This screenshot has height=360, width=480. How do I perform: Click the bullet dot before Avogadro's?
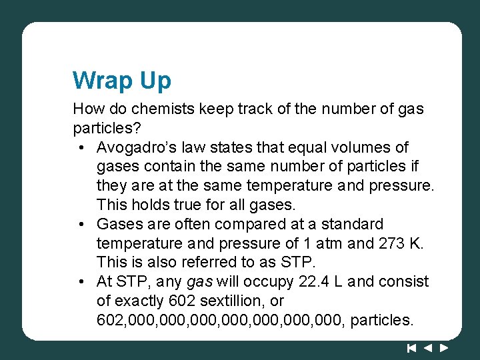pos(81,147)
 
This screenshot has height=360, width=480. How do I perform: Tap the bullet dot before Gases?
pos(81,223)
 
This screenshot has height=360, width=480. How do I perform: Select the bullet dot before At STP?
pos(81,281)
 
